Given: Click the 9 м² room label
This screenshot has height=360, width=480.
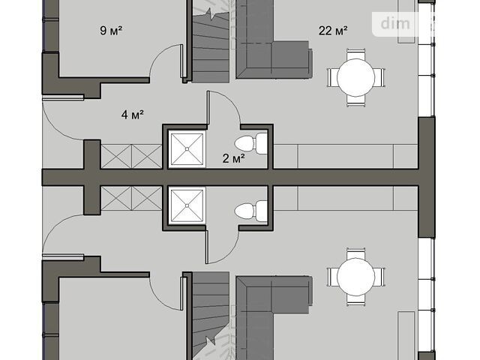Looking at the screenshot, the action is (111, 30).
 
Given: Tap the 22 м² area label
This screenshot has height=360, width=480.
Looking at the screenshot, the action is (333, 30).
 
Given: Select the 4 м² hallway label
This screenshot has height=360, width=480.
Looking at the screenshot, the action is (133, 115).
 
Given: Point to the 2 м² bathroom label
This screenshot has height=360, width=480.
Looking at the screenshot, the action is (233, 158).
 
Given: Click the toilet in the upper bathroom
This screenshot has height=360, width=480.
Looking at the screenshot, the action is (251, 143).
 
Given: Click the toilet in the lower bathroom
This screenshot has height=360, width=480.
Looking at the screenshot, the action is (251, 211).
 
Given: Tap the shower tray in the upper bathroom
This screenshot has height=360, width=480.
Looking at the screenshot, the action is (187, 149).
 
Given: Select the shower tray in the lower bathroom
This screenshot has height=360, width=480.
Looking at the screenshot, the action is (187, 205).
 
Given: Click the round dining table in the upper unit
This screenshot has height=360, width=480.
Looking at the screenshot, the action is (355, 77).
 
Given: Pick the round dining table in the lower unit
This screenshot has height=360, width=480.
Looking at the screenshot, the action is (355, 277).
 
